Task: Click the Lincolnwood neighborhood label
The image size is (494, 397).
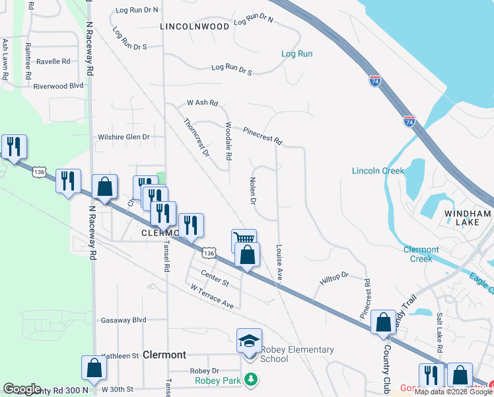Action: point(195,26)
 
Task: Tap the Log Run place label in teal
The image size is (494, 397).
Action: point(297,54)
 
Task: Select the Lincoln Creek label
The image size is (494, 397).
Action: point(378,171)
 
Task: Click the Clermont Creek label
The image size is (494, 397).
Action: point(421,254)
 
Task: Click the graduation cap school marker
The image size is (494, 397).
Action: point(250,341)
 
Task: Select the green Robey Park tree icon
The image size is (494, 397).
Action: point(250,379)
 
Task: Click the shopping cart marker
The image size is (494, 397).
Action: point(244,239)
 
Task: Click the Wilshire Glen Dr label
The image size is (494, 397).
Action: point(124,137)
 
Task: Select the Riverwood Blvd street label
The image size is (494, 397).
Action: point(58,85)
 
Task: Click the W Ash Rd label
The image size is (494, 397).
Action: point(202,103)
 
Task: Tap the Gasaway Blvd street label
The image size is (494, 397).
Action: point(123,320)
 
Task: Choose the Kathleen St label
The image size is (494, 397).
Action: point(120,355)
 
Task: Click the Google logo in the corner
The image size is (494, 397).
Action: point(22,389)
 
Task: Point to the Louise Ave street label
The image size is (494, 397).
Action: point(279,263)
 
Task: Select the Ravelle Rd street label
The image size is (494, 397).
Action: point(53,62)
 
